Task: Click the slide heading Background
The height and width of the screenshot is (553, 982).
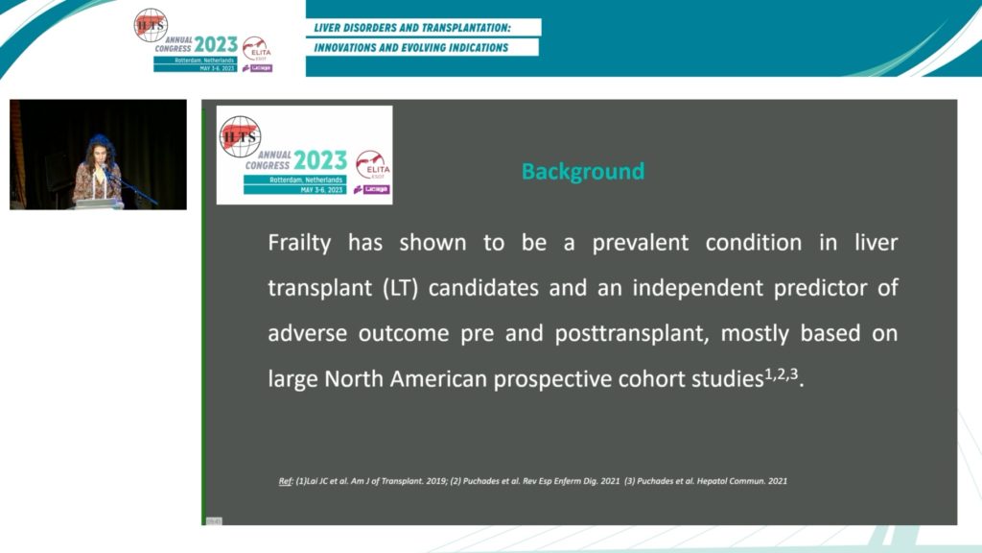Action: (582, 172)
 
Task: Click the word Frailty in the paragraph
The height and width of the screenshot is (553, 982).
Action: (299, 243)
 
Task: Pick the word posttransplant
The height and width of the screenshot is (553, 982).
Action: (629, 333)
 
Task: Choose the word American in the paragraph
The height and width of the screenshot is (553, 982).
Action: (435, 379)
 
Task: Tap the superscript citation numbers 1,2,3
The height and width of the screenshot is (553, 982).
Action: (781, 373)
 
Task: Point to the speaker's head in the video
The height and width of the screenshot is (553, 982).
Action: (98, 148)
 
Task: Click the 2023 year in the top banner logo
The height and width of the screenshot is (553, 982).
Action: (216, 43)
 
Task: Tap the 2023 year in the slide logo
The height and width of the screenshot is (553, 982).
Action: (320, 159)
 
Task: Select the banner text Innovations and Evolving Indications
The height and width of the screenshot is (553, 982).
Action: (412, 47)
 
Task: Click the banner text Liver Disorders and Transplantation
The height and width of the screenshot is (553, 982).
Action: (421, 27)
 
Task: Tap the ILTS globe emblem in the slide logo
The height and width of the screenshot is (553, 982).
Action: (240, 136)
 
